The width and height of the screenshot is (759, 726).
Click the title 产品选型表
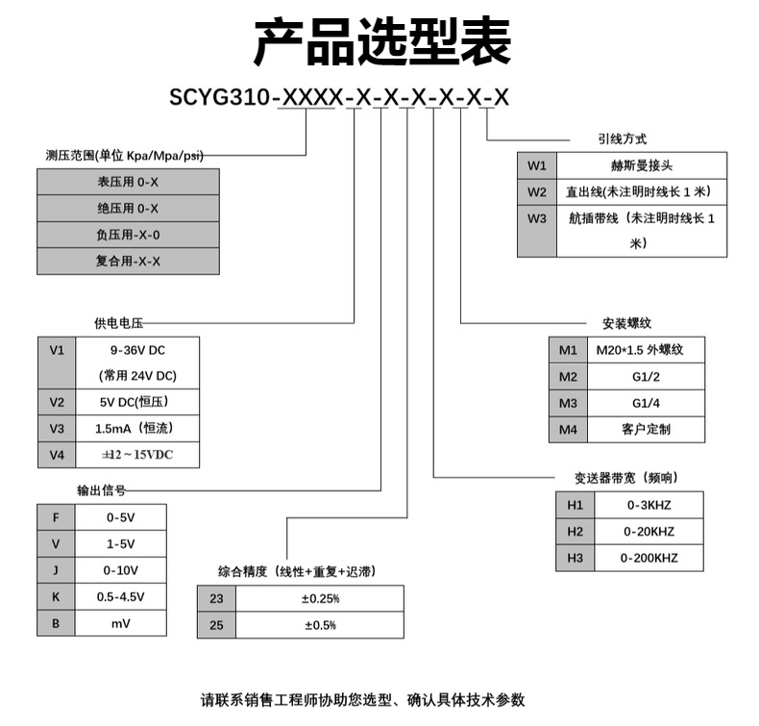(x=381, y=41)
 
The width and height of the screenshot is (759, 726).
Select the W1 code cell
(x=536, y=164)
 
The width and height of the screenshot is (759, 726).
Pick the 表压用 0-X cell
(x=128, y=181)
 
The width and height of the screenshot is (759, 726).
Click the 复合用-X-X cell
(x=128, y=261)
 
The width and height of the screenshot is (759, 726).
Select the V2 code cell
(x=56, y=402)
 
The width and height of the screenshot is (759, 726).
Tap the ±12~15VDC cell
(x=136, y=454)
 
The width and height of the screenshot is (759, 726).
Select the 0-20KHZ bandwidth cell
(x=649, y=531)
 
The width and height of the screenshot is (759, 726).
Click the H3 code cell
(x=575, y=558)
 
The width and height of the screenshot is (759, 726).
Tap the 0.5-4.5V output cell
(x=120, y=597)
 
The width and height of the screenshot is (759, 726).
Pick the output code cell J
(x=56, y=570)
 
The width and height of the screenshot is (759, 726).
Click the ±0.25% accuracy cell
(x=320, y=598)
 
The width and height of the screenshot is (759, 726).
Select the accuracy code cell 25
(x=215, y=625)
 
